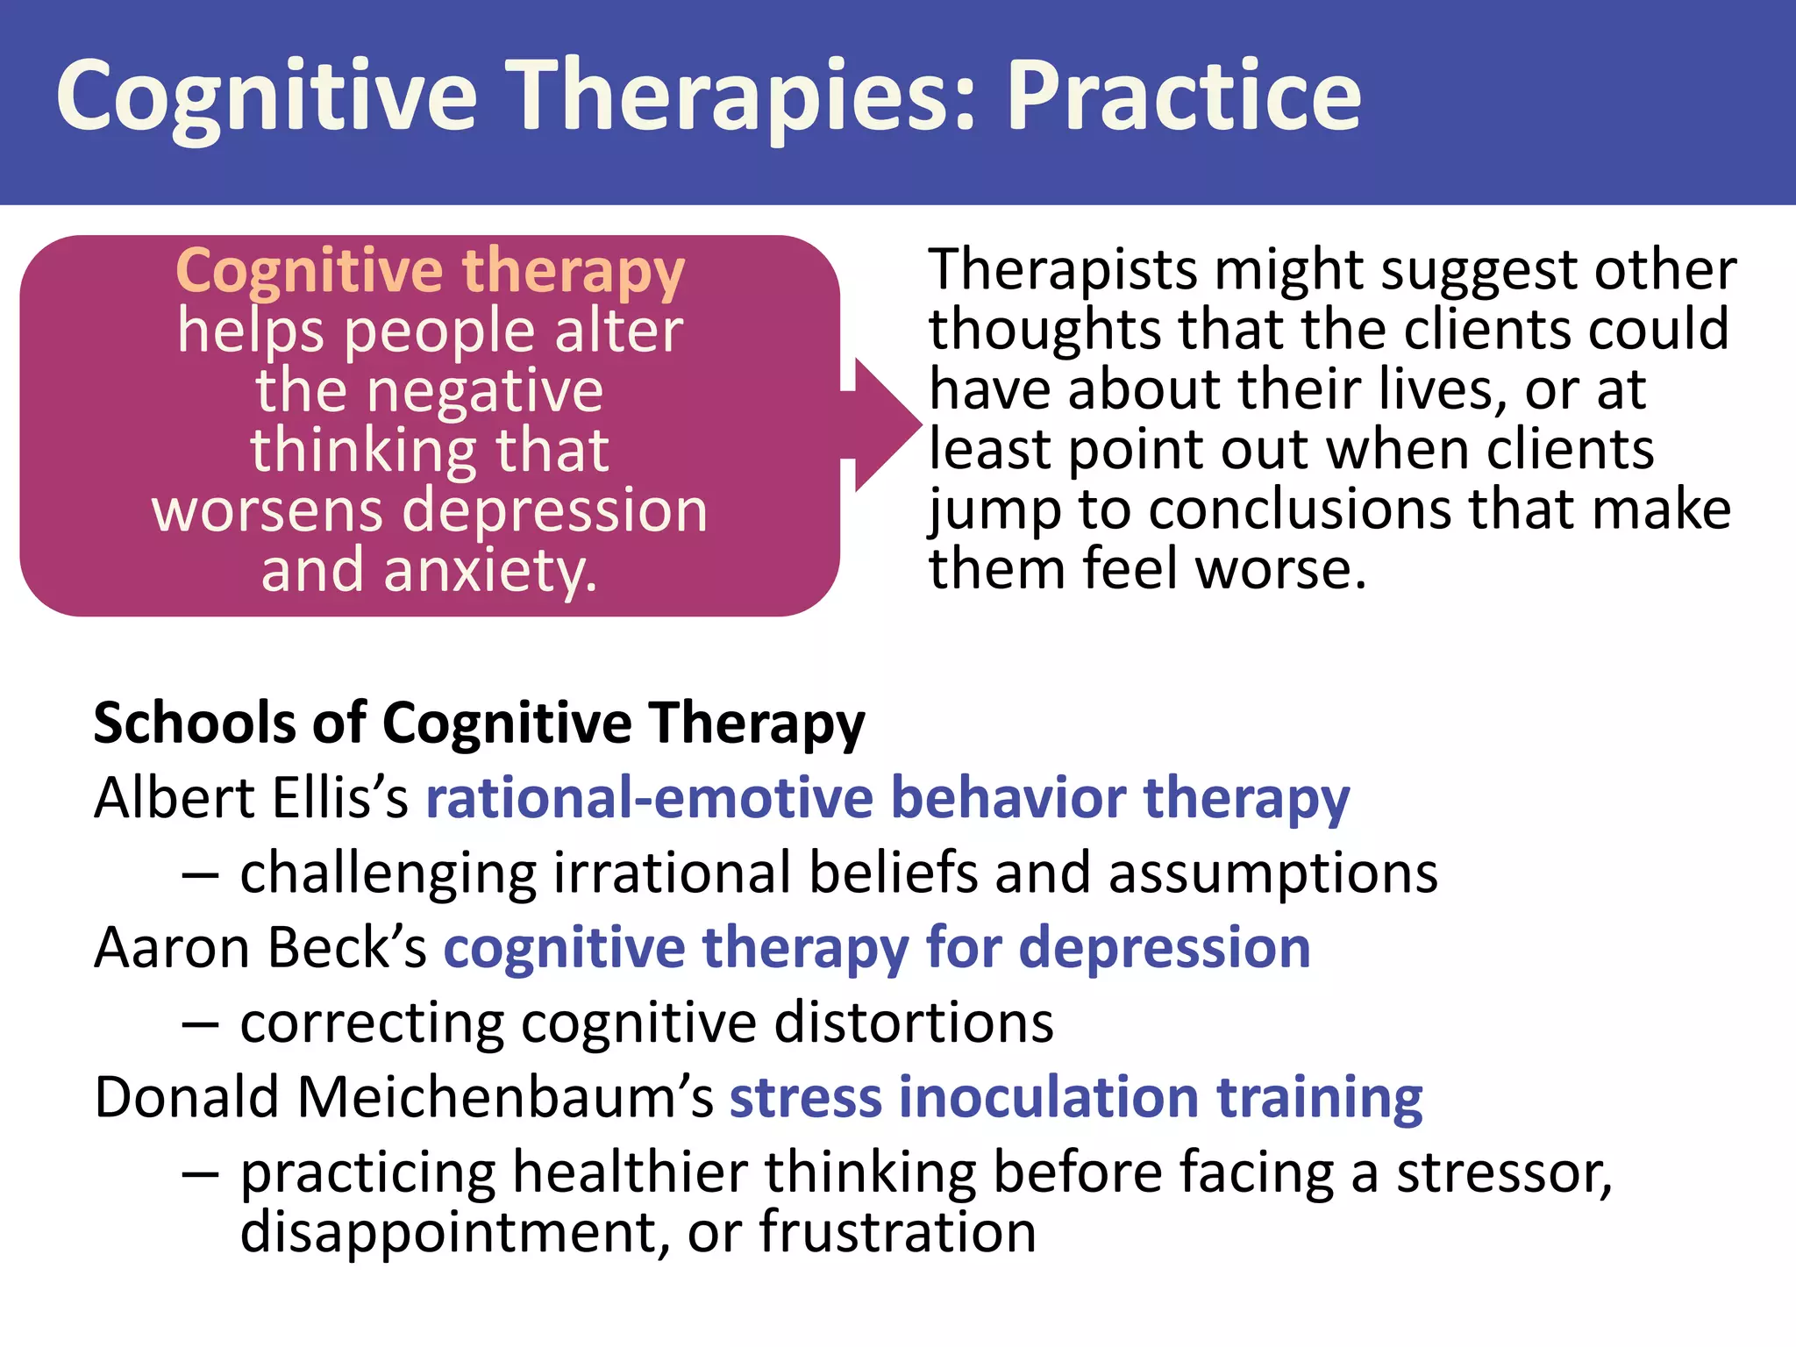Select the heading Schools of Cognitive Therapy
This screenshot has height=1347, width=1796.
pos(479,723)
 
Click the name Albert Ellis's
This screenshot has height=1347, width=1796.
pos(251,798)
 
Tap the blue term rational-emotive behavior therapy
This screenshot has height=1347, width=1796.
pos(887,798)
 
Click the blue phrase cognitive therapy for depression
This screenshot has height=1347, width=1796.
pos(876,948)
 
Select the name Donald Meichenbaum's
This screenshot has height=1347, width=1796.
pos(403,1097)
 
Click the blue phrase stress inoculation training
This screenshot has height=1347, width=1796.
pos(1075,1097)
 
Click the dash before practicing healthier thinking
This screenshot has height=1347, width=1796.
pos(201,1173)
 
